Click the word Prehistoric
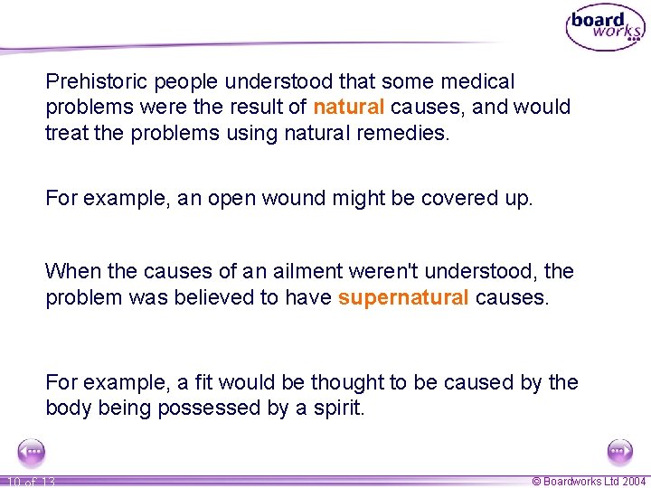[97, 82]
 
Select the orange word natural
[349, 107]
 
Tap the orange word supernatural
[403, 297]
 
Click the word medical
[479, 82]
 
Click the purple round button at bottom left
[32, 452]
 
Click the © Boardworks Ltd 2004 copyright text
[589, 482]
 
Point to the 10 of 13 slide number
[29, 482]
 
